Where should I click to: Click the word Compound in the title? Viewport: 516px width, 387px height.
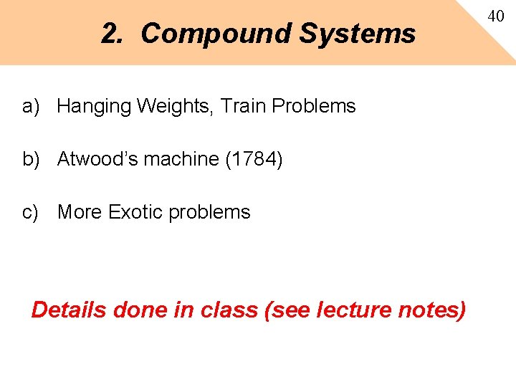pyautogui.click(x=215, y=34)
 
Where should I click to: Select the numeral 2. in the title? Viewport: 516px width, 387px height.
pyautogui.click(x=115, y=34)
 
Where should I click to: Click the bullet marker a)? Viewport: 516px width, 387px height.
pyautogui.click(x=30, y=107)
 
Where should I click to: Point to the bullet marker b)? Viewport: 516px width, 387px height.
pyautogui.click(x=30, y=159)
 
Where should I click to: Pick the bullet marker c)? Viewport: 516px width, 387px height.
pyautogui.click(x=30, y=212)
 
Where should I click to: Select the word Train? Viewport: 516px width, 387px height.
pyautogui.click(x=243, y=106)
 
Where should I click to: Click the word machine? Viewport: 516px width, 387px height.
pyautogui.click(x=182, y=159)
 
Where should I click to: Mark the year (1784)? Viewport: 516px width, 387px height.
pyautogui.click(x=254, y=159)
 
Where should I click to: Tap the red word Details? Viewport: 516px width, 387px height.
pyautogui.click(x=69, y=310)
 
